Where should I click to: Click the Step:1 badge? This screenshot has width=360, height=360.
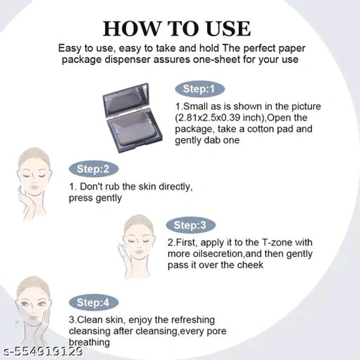[x=200, y=89]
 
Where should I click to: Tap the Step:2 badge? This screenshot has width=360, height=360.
[x=94, y=169]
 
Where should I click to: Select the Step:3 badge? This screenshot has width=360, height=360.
[x=191, y=225]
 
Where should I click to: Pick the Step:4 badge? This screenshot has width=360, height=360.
[x=94, y=302]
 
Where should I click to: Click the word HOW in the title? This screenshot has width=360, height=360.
[x=131, y=29]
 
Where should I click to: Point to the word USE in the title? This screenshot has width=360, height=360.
[x=228, y=29]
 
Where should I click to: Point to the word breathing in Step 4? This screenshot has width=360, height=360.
[x=89, y=343]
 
